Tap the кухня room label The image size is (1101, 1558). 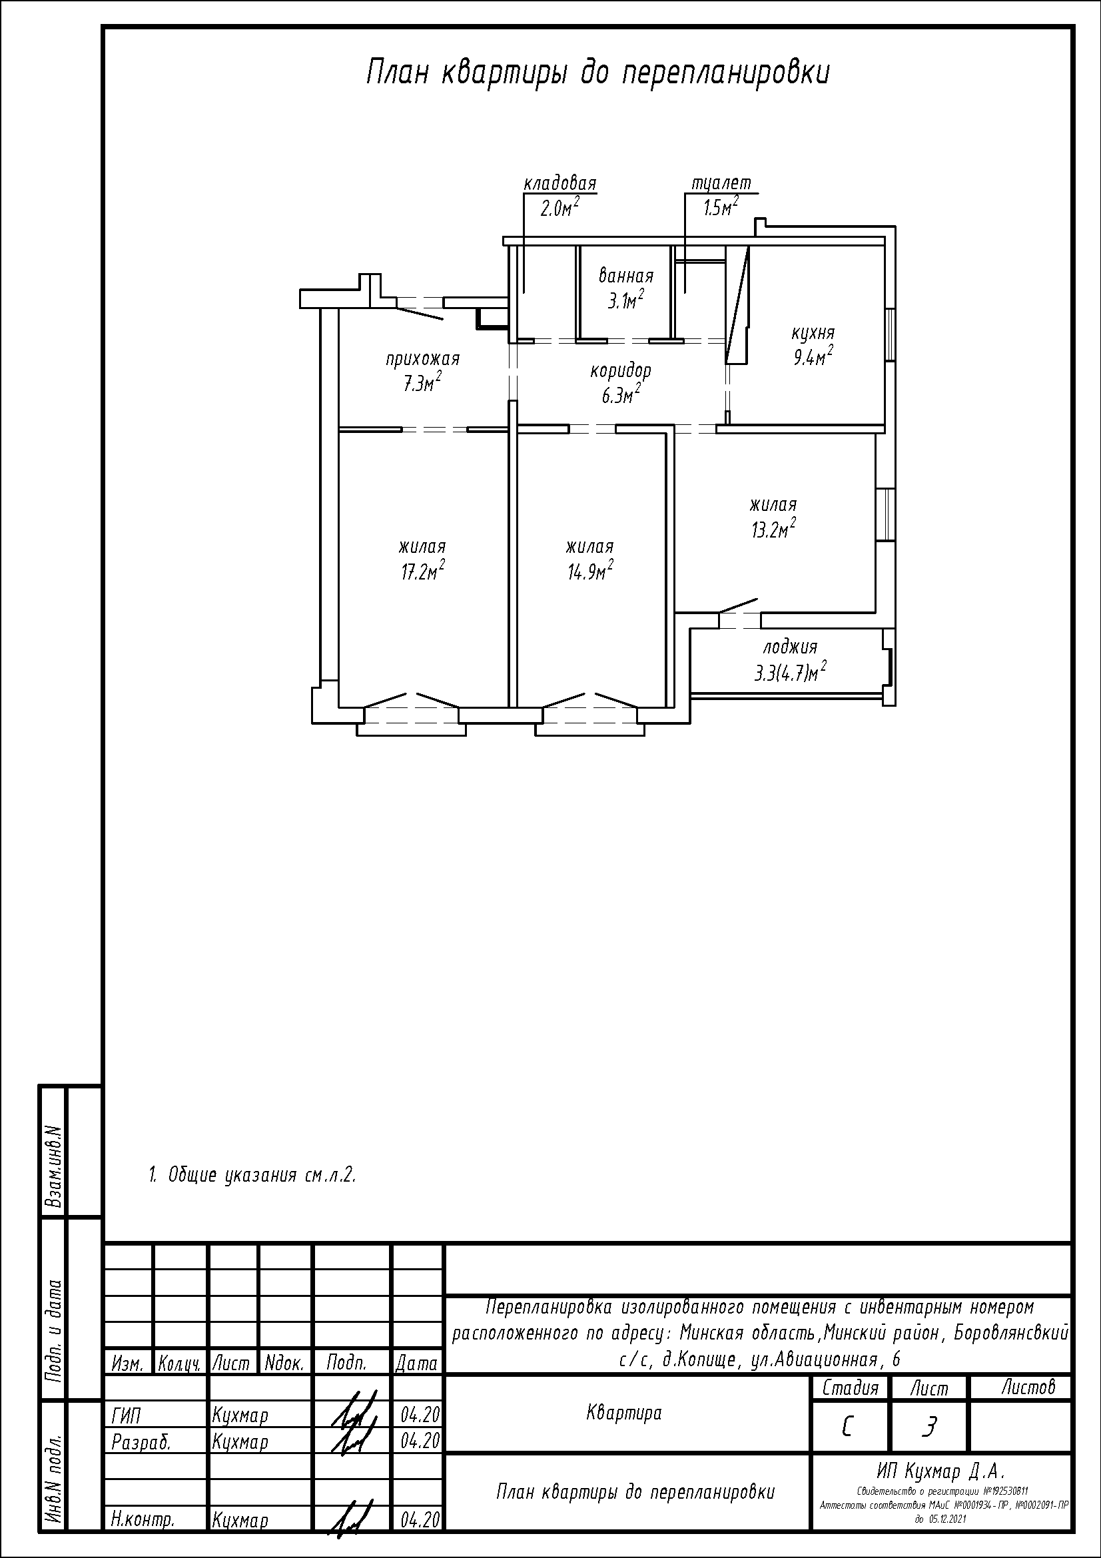[813, 334]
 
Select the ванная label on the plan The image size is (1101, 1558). [625, 276]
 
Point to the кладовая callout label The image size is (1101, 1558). [559, 184]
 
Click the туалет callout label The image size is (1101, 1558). [721, 184]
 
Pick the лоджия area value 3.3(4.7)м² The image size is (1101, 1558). [791, 673]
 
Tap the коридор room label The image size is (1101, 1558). [621, 371]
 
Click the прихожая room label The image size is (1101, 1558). [423, 359]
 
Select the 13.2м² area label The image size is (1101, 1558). [773, 530]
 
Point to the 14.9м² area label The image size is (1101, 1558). [590, 572]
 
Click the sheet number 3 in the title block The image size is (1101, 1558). [928, 1428]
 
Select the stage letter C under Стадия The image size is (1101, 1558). [847, 1428]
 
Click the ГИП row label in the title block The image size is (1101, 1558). [125, 1415]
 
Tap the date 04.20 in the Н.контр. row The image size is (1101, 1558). [420, 1520]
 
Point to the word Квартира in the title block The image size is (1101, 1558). [623, 1413]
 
